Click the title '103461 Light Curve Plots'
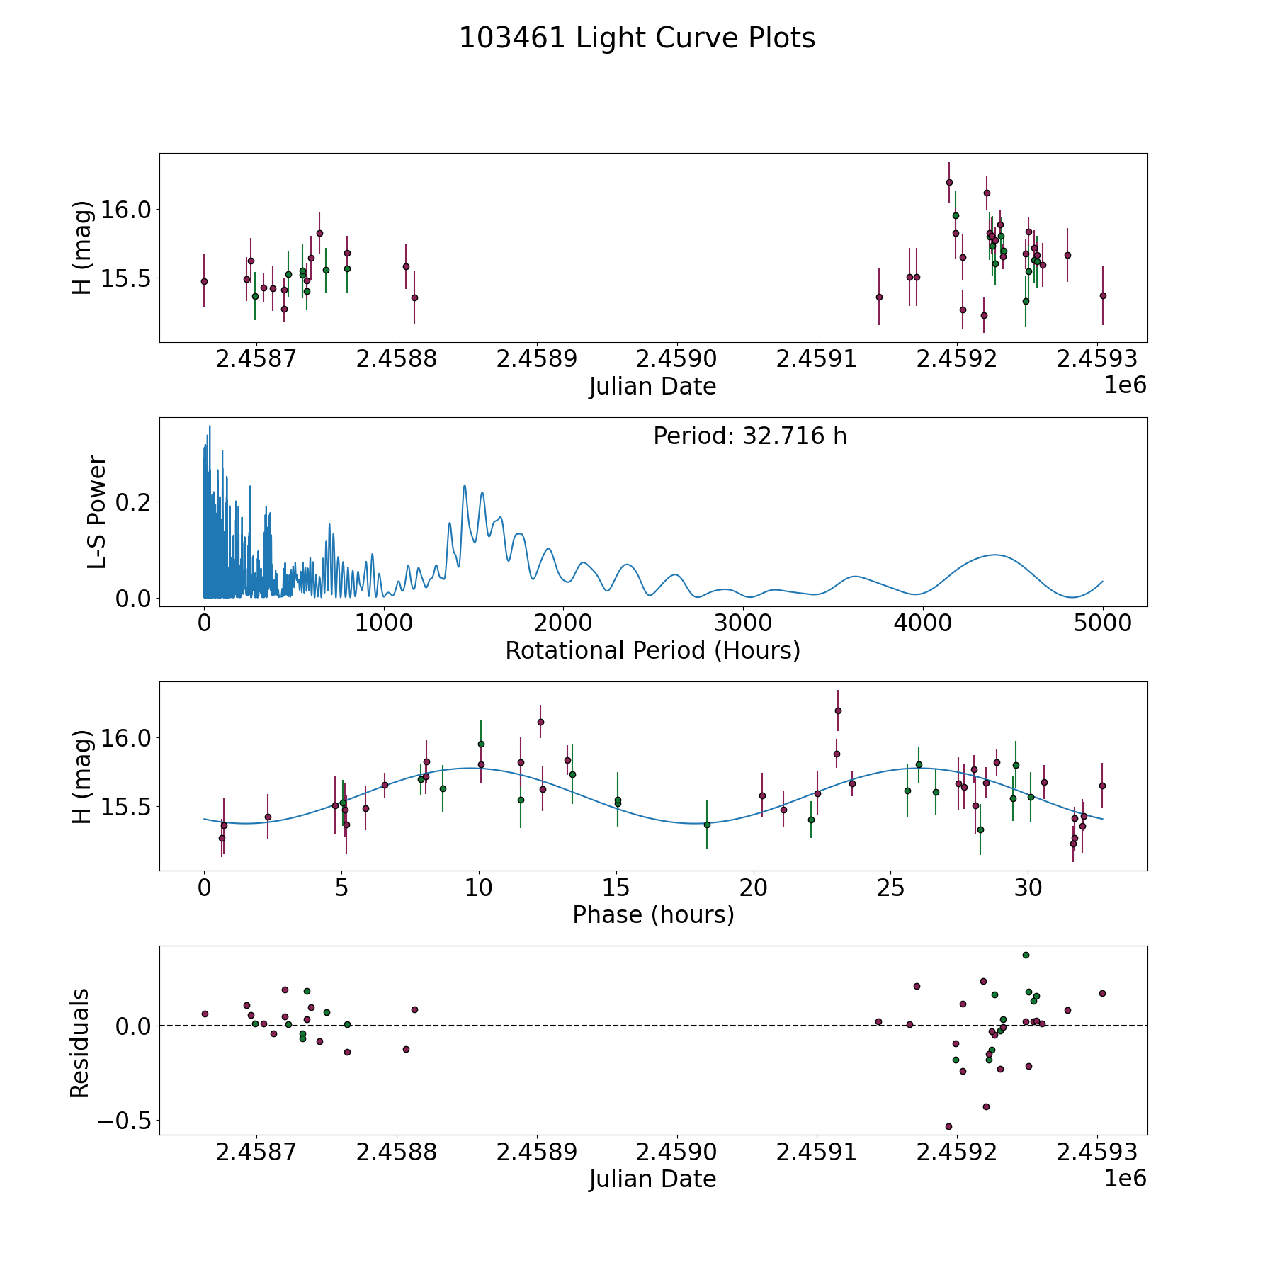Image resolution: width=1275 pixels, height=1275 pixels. click(x=637, y=38)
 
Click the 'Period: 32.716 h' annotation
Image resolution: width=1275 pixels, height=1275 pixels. click(x=749, y=436)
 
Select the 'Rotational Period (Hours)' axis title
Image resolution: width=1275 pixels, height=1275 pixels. click(x=652, y=650)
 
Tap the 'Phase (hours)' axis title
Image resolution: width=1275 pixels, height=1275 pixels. click(x=652, y=914)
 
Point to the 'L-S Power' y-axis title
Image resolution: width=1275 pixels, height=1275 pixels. click(x=96, y=512)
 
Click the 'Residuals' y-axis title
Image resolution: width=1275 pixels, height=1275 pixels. click(x=79, y=1043)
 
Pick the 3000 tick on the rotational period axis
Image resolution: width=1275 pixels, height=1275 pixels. click(x=743, y=623)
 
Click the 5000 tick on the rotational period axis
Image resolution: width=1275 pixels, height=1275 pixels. click(x=1102, y=623)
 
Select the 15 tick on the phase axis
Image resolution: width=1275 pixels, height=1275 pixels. click(x=616, y=888)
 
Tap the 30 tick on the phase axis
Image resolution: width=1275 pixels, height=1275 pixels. click(x=1028, y=888)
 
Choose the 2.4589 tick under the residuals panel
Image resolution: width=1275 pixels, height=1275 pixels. click(x=536, y=1152)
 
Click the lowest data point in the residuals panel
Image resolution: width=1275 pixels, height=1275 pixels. click(x=948, y=1126)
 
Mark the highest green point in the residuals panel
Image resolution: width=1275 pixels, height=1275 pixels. click(x=1026, y=955)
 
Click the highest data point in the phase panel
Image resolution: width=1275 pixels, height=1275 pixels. click(x=838, y=710)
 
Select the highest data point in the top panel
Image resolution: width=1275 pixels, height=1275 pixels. click(x=949, y=182)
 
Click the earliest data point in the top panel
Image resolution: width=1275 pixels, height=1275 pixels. click(x=204, y=281)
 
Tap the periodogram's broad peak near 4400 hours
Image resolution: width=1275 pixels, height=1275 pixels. click(x=994, y=555)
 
